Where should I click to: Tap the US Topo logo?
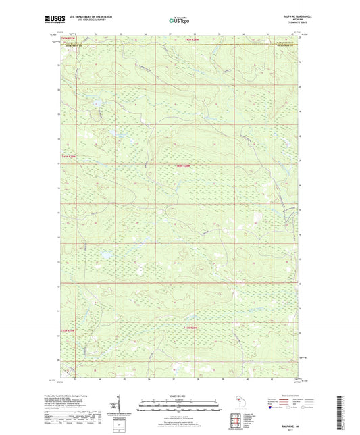click(179, 21)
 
